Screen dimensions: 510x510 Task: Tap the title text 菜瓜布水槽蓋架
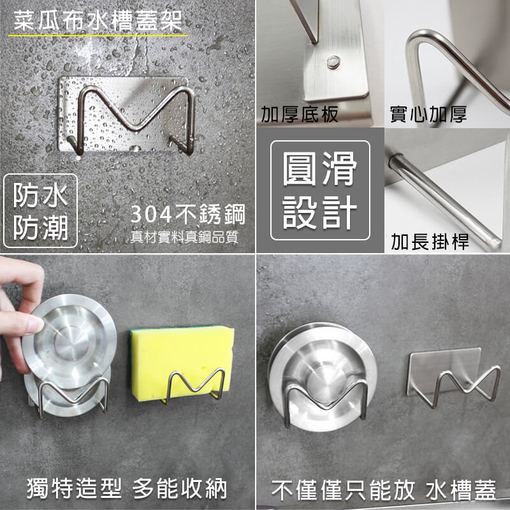point(98,21)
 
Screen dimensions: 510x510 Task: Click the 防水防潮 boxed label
point(40,211)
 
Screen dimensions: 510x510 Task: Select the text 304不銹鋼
point(187,214)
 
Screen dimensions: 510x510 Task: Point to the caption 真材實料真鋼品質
point(184,237)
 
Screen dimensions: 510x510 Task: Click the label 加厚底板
point(299,114)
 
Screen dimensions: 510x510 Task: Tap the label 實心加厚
point(428,114)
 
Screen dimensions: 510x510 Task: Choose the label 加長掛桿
point(430,242)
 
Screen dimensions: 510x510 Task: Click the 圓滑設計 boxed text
point(320,190)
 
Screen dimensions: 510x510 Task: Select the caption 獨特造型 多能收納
point(127,488)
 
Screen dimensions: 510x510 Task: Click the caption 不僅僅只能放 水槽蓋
point(384,490)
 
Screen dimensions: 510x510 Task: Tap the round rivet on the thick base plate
point(333,61)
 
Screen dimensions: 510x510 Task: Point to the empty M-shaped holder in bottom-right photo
point(454,377)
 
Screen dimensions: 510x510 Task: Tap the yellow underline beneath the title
point(98,36)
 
